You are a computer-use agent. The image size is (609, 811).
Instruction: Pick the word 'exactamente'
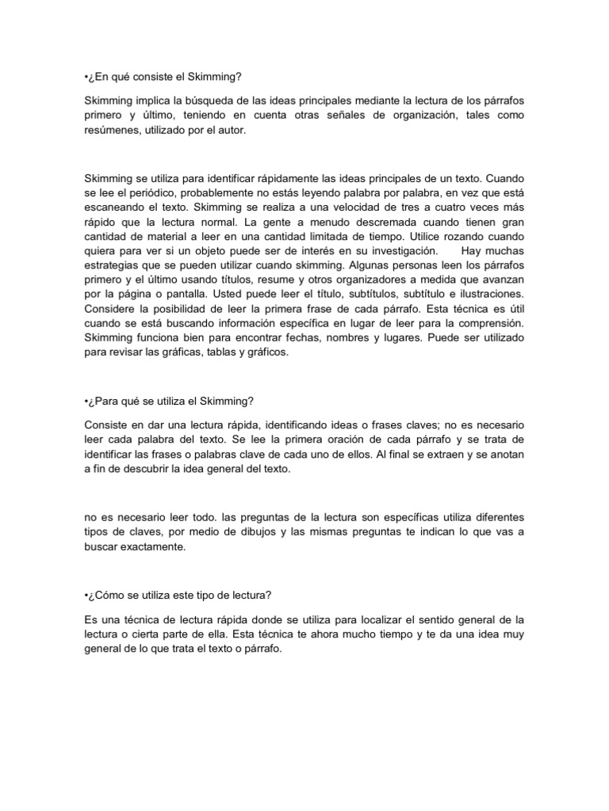(x=150, y=547)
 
